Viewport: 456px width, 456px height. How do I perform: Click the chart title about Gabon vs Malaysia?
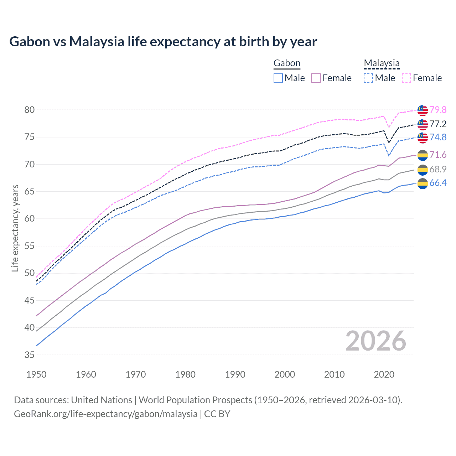tap(163, 42)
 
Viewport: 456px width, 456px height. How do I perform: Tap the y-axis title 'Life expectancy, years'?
tap(15, 228)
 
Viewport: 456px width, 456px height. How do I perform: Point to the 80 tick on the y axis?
tap(30, 110)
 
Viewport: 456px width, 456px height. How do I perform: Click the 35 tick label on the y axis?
tap(30, 355)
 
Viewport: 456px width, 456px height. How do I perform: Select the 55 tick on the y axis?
tap(30, 246)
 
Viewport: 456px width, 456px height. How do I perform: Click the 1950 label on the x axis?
tap(36, 374)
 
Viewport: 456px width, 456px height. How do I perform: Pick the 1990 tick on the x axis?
tap(235, 374)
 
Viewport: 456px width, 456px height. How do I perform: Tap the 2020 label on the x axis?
tap(384, 374)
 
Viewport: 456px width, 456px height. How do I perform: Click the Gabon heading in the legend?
tap(287, 63)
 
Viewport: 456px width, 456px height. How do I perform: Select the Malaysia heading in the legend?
tap(382, 63)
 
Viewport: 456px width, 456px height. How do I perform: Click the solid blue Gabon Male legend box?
tap(278, 78)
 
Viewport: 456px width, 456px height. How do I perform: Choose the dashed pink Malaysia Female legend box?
tap(406, 78)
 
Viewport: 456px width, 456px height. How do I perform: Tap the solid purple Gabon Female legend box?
tap(316, 78)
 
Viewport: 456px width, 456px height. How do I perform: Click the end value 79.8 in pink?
tap(438, 110)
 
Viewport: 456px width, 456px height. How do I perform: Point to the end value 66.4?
tap(438, 183)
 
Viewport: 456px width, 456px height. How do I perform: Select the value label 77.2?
tap(438, 124)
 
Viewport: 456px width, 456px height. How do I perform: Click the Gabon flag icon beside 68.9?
tap(423, 170)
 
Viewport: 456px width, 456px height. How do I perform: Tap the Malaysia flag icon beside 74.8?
tap(423, 138)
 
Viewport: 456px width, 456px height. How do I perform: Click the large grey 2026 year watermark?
tap(376, 341)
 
